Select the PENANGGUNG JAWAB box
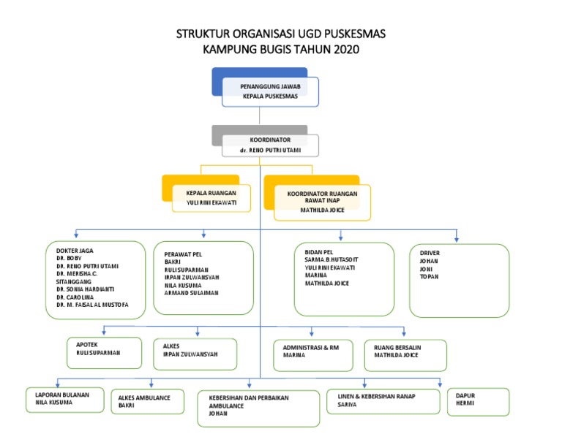(270, 86)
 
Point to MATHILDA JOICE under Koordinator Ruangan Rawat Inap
(321, 210)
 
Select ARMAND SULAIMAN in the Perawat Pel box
(191, 292)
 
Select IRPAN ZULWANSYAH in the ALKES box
(190, 354)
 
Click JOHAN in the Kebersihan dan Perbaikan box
(218, 414)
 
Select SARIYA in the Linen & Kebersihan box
(348, 404)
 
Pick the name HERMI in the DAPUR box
(465, 403)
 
